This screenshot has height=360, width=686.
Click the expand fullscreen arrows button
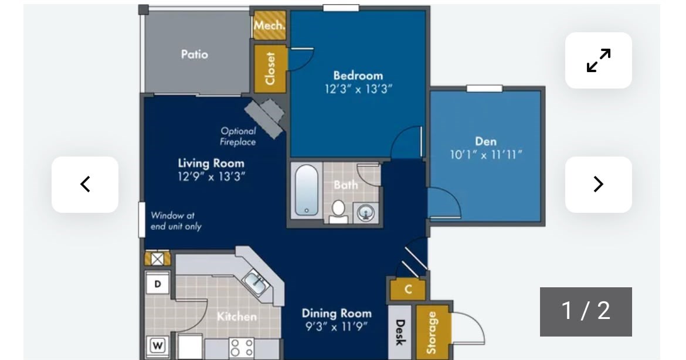pos(598,60)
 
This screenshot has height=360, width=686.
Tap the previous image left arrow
pos(85,184)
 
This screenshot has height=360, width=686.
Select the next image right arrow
pos(598,184)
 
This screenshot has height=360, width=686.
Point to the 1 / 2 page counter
pos(585,311)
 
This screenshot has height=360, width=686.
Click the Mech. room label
pos(270,25)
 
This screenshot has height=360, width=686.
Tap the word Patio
pos(194,55)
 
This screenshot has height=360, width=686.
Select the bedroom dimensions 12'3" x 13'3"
pos(358,89)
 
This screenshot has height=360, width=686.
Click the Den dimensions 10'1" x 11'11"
pos(486,155)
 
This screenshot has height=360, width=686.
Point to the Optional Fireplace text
pos(238,137)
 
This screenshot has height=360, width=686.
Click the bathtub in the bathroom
pos(306,191)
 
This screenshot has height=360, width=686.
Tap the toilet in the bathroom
pos(338,211)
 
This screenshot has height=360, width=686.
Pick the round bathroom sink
pos(366,213)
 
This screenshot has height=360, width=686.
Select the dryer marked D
pos(158,284)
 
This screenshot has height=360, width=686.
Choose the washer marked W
pos(158,346)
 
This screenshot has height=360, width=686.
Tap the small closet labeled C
pos(407,289)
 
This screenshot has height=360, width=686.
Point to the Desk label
pos(400,332)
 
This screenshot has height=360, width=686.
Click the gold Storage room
pos(432,332)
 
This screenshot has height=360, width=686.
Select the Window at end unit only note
pos(176,221)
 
